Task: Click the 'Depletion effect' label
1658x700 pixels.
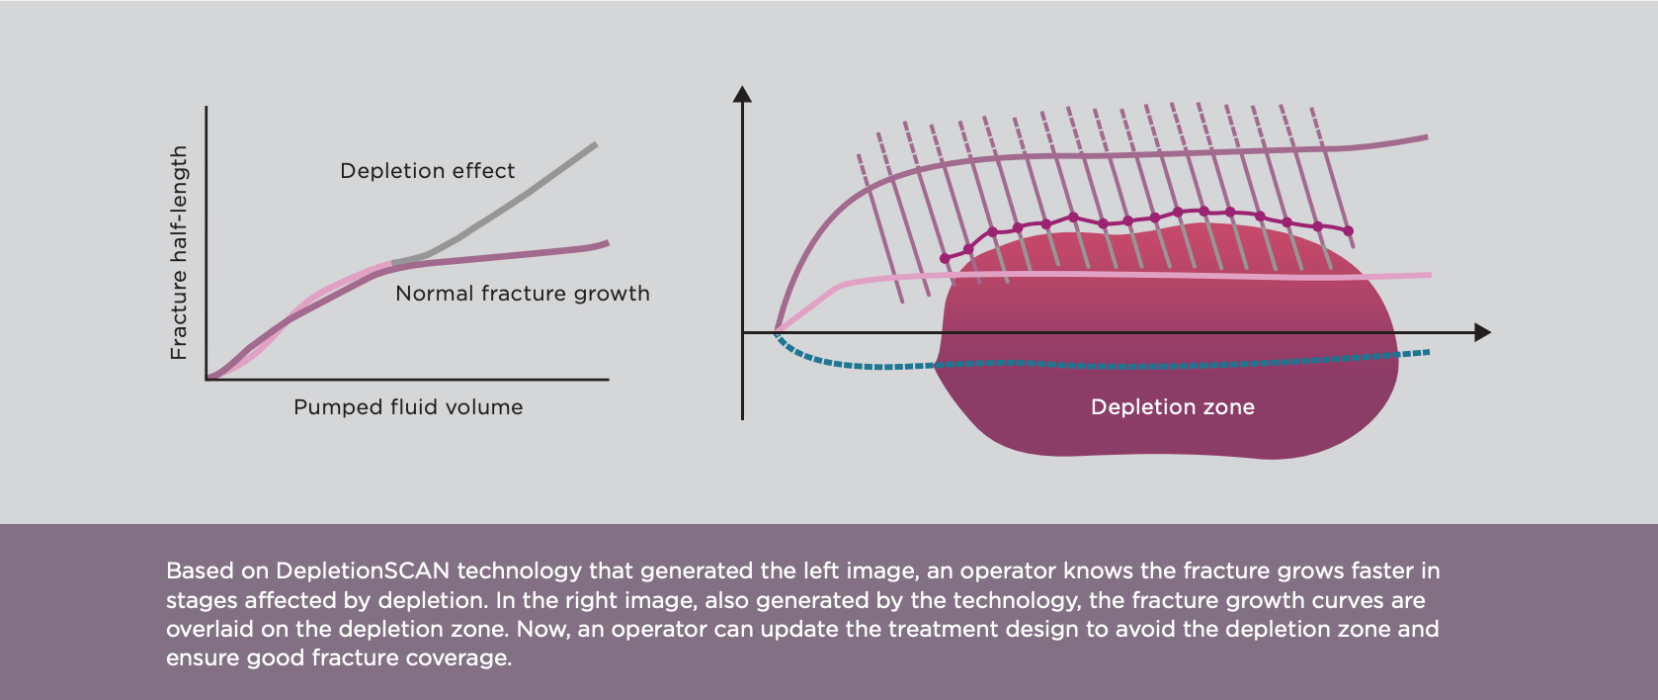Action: (427, 171)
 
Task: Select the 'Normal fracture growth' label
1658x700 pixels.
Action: (522, 294)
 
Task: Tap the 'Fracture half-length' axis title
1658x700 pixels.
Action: (179, 252)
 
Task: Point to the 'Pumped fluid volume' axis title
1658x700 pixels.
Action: (408, 407)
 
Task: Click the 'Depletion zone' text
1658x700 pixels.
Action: (1172, 407)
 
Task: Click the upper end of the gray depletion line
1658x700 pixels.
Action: (595, 144)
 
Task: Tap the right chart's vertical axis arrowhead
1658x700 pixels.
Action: (742, 94)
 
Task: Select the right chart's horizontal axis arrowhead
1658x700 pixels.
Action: (1482, 333)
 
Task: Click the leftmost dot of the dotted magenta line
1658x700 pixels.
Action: (945, 258)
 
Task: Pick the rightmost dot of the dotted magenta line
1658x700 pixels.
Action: (1349, 231)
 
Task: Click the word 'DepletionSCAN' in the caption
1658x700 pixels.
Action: (363, 570)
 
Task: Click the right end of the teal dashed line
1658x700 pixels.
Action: (1428, 352)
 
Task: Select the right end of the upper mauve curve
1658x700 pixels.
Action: (1426, 137)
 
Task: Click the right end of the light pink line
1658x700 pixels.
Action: (1429, 275)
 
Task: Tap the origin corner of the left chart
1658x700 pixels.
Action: (207, 379)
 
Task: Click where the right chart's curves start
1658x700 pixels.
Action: (776, 332)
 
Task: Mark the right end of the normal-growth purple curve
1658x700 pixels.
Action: (607, 242)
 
